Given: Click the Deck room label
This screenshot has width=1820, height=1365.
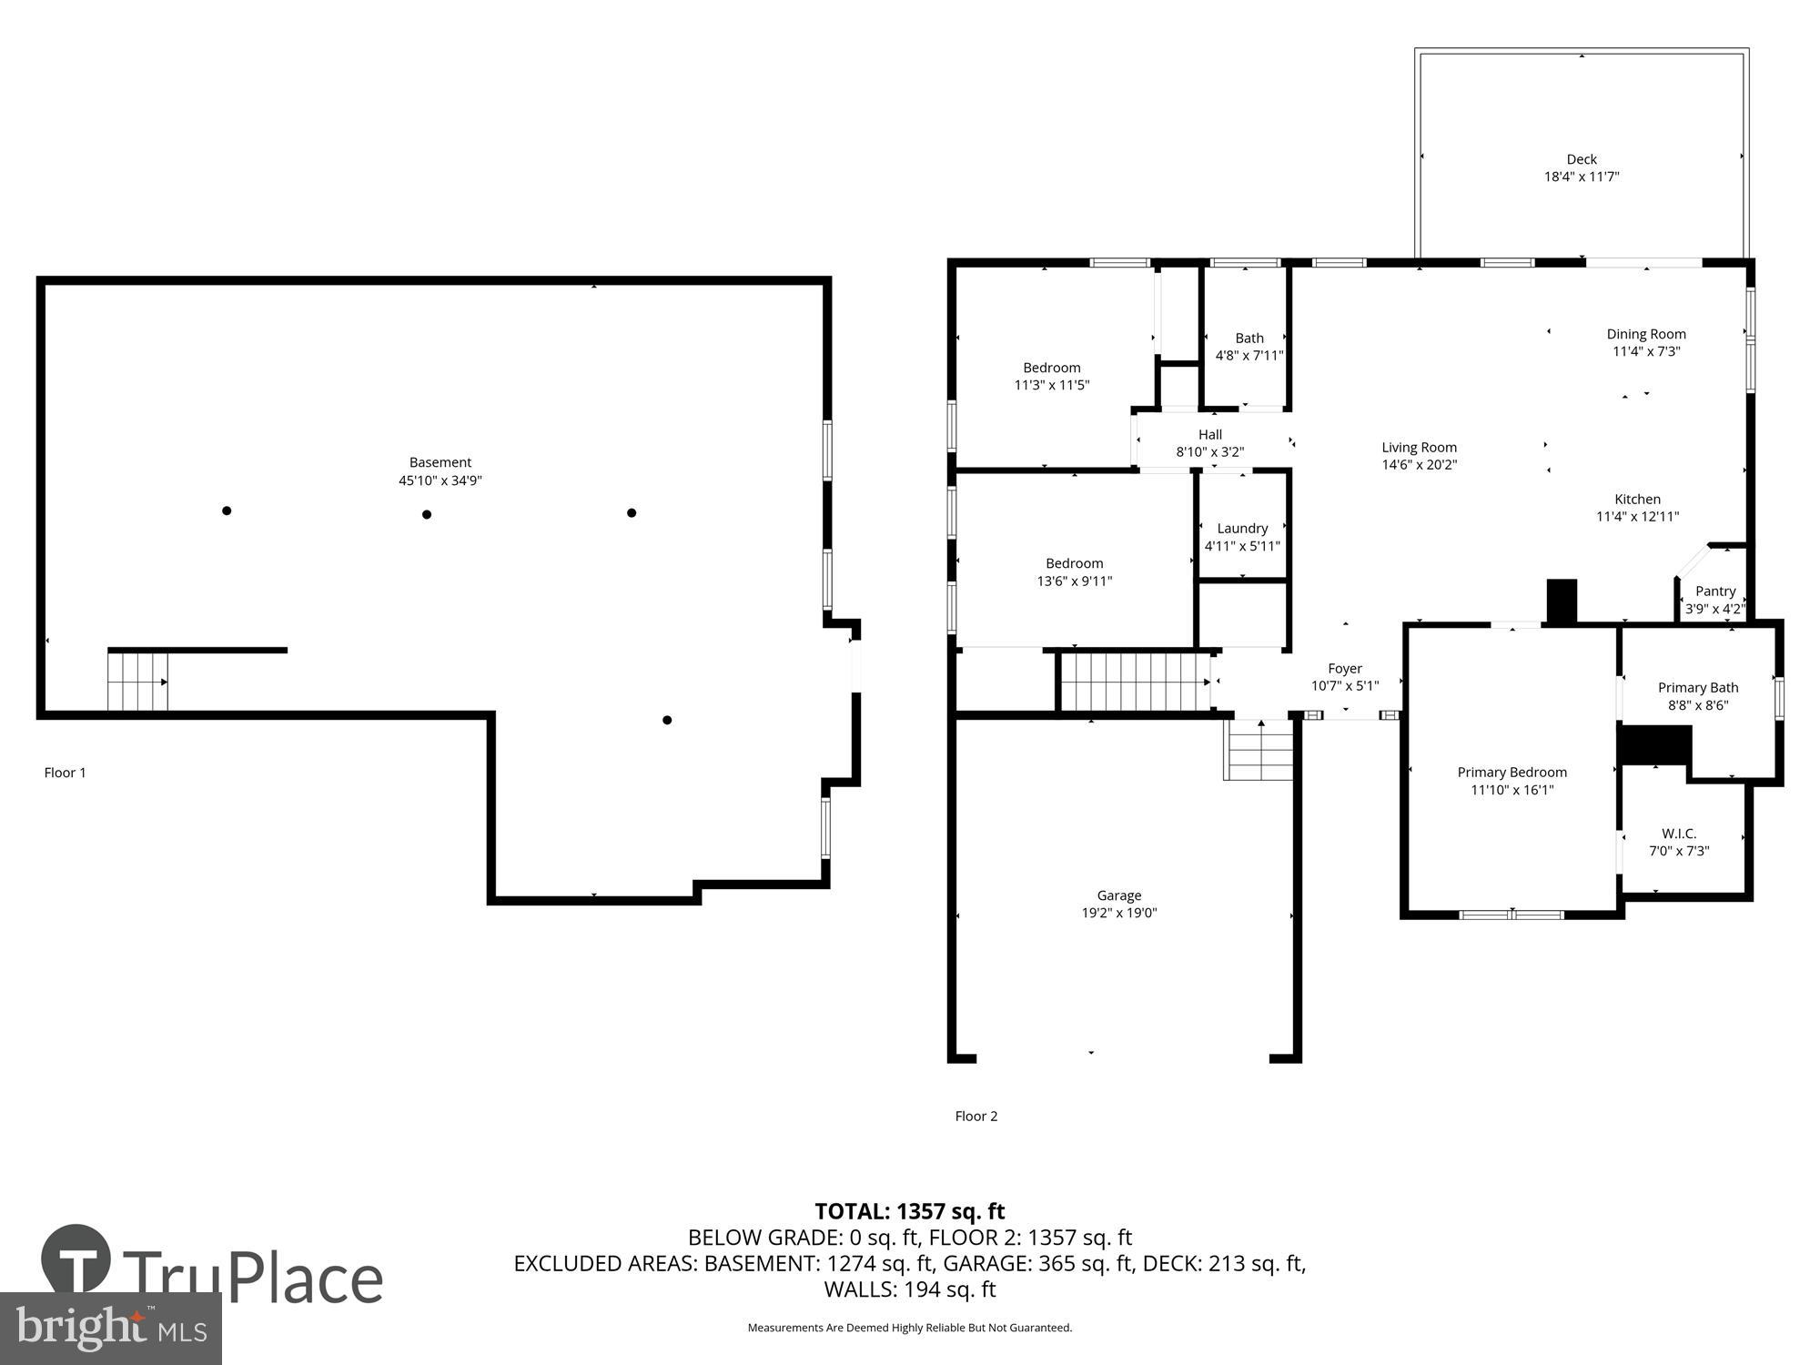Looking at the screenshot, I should point(1582,159).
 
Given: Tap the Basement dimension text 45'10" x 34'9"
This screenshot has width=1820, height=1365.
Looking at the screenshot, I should point(440,480).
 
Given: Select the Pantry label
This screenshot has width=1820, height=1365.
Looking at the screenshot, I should point(1715,591).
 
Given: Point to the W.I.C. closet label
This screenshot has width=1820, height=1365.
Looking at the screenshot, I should point(1679,834).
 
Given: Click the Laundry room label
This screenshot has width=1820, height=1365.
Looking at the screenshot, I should point(1242,529).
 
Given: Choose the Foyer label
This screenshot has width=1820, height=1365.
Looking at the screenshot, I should point(1345,669).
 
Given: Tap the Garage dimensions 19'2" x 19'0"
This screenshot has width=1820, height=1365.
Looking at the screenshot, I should point(1118,913).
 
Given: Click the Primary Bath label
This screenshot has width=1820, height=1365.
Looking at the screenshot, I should point(1698,688).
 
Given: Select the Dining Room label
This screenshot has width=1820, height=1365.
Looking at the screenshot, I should point(1646,334).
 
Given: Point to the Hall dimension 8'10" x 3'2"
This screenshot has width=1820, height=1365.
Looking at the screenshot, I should point(1209,452).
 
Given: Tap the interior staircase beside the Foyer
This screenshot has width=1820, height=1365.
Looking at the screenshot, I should point(1136,682).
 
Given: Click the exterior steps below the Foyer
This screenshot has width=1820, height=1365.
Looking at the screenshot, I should point(1259,750).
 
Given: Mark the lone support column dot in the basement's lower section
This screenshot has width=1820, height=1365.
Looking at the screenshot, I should point(667,720).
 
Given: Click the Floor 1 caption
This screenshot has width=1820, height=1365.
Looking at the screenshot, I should point(65,773).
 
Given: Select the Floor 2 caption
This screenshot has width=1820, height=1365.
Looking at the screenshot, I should point(976,1116).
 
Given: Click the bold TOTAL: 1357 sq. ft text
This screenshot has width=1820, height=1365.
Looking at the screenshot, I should point(909,1211).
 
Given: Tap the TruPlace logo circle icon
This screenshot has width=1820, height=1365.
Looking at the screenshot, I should point(76,1259).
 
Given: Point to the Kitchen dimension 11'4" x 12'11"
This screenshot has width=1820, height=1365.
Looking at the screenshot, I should point(1637,517).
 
